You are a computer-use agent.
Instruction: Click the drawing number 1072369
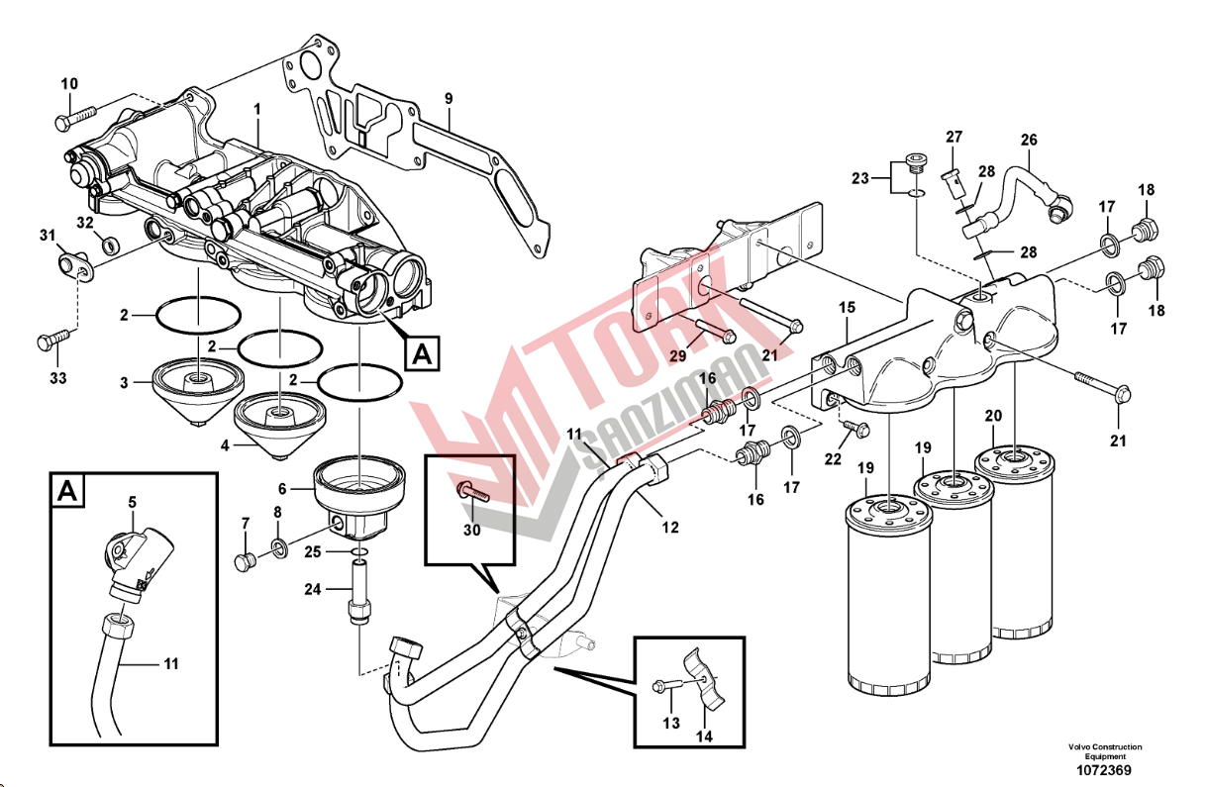click(1104, 770)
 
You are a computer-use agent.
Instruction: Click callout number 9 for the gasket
click(448, 99)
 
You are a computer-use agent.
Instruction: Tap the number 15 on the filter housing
click(847, 308)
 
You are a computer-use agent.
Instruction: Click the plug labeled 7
click(244, 561)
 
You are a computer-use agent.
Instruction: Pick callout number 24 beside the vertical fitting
click(313, 589)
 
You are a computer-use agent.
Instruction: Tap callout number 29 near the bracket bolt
click(677, 355)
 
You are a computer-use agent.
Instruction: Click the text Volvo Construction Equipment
click(1104, 751)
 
